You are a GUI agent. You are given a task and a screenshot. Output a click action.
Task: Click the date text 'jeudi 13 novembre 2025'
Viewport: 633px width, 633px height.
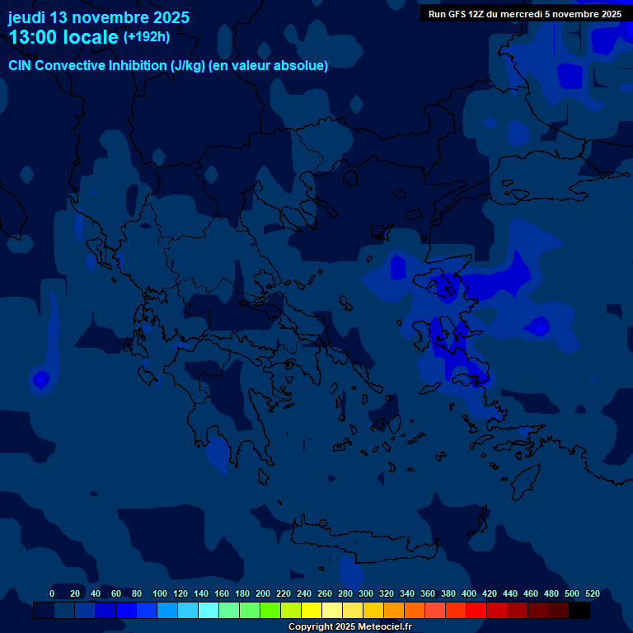(x=99, y=17)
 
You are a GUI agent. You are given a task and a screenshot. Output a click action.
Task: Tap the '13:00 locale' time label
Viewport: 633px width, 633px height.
(x=63, y=37)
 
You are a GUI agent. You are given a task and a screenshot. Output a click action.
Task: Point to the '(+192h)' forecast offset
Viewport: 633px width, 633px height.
(x=146, y=36)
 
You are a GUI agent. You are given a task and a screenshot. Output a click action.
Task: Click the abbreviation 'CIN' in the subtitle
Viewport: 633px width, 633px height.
(x=21, y=65)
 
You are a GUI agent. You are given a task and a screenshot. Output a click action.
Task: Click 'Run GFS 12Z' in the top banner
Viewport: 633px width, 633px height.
(x=456, y=14)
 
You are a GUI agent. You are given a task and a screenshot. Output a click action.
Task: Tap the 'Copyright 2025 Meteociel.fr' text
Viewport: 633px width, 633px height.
(x=349, y=626)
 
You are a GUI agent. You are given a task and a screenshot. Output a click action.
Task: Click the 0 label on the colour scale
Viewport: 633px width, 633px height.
(x=52, y=593)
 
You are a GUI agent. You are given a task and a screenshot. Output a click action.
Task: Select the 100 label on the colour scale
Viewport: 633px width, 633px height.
(x=160, y=593)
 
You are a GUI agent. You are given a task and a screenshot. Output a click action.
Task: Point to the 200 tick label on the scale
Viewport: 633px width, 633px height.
(x=263, y=593)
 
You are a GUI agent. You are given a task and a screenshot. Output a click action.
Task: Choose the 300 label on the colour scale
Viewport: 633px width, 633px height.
(x=366, y=593)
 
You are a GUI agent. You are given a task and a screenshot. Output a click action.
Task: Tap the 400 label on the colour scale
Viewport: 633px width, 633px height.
(x=469, y=593)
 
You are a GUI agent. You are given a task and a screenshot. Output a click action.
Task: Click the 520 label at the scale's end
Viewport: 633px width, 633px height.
(x=592, y=593)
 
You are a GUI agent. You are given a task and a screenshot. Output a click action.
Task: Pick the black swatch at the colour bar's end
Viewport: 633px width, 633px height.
(x=579, y=611)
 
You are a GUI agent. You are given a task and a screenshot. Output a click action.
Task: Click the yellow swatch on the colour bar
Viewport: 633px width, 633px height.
(x=312, y=611)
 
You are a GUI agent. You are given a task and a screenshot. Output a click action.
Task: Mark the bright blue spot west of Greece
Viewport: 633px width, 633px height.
(x=40, y=380)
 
